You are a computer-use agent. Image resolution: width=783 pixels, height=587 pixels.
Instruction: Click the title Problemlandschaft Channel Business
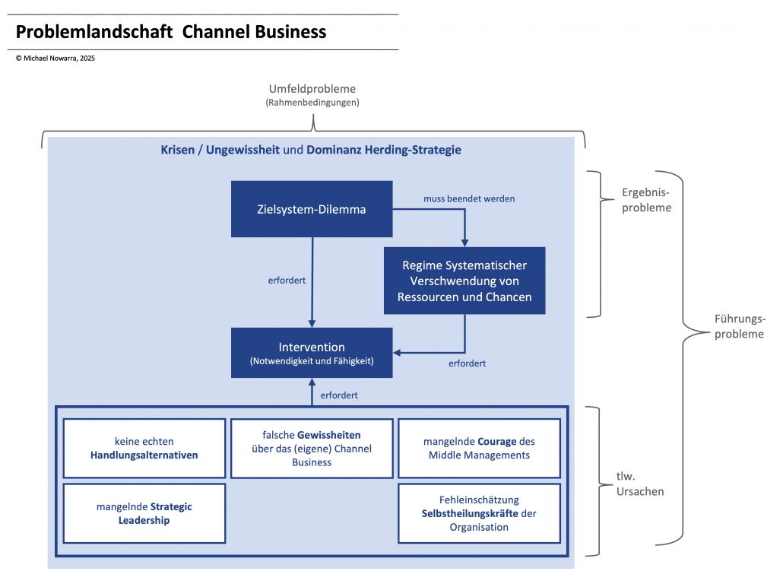tap(171, 32)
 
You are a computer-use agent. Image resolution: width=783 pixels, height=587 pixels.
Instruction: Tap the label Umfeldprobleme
tap(312, 89)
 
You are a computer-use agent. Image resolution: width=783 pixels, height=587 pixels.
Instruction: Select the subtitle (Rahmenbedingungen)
tap(312, 102)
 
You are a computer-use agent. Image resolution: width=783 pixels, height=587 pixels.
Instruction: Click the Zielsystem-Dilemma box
tap(312, 209)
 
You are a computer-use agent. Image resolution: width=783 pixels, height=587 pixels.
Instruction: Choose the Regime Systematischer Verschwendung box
tap(464, 281)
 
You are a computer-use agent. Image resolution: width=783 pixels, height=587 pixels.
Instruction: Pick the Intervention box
tap(312, 353)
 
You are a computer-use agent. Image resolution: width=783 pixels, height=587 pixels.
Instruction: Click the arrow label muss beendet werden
tap(469, 198)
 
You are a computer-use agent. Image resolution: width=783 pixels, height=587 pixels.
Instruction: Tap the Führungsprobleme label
tap(740, 326)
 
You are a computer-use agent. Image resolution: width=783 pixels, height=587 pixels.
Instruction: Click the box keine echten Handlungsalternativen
tap(144, 448)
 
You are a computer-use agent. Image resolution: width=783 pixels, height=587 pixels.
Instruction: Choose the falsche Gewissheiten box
tap(312, 448)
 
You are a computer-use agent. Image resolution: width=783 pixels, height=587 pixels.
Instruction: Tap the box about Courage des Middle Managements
tap(480, 448)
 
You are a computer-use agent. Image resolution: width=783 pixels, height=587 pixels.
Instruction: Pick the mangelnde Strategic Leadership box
tap(144, 513)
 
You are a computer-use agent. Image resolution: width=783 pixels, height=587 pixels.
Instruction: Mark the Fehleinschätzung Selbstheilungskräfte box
tap(480, 513)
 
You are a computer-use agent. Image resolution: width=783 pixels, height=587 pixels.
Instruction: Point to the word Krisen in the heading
tap(177, 150)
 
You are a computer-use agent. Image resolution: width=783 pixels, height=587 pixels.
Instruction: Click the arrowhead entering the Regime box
tap(464, 242)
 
